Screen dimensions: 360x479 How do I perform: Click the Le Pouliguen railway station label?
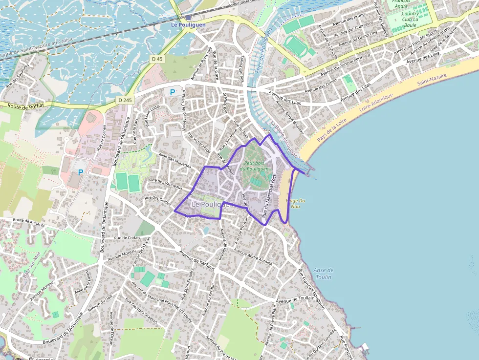188,24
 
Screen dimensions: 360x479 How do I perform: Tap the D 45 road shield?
156,59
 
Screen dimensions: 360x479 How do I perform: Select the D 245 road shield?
125,100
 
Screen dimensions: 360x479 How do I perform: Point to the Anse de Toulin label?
323,274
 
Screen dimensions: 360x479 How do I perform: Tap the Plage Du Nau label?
295,203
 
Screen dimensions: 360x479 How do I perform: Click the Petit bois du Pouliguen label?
257,166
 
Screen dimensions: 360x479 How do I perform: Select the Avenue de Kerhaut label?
197,259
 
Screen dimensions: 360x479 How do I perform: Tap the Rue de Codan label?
127,237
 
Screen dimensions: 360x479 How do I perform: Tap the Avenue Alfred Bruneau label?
290,117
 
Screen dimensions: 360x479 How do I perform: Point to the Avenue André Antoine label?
253,257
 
